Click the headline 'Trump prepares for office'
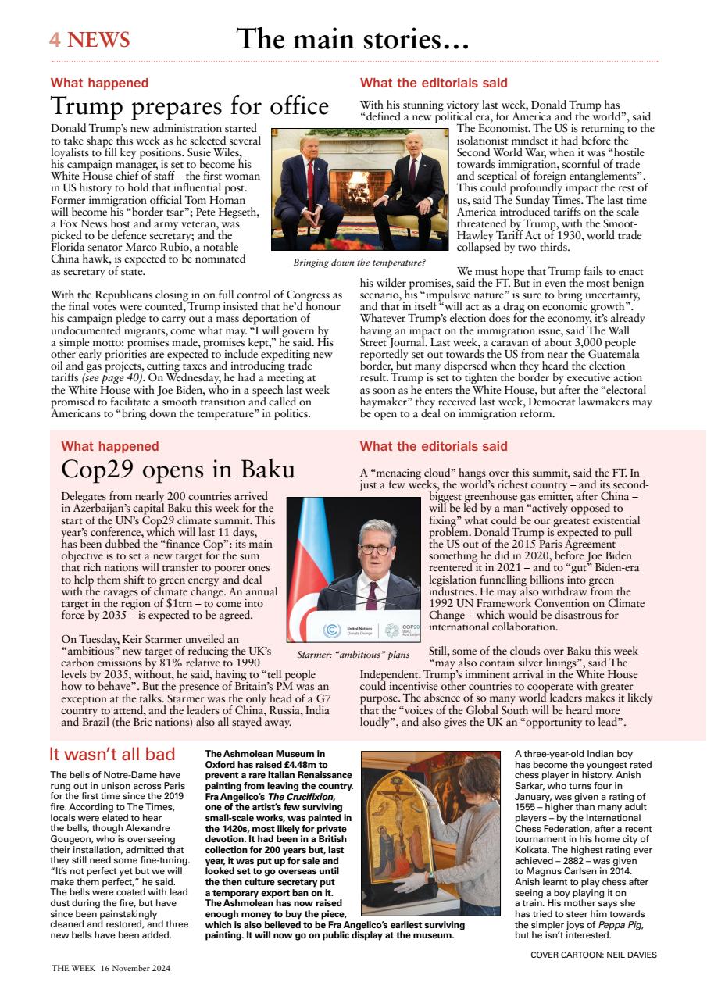coord(189,105)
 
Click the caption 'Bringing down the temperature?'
coord(359,262)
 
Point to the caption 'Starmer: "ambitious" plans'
coord(353,655)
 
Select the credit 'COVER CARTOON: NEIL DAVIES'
coord(593,955)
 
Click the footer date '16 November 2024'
coord(135,967)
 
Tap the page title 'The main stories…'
coord(352,39)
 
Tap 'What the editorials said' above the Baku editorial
coord(434,447)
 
